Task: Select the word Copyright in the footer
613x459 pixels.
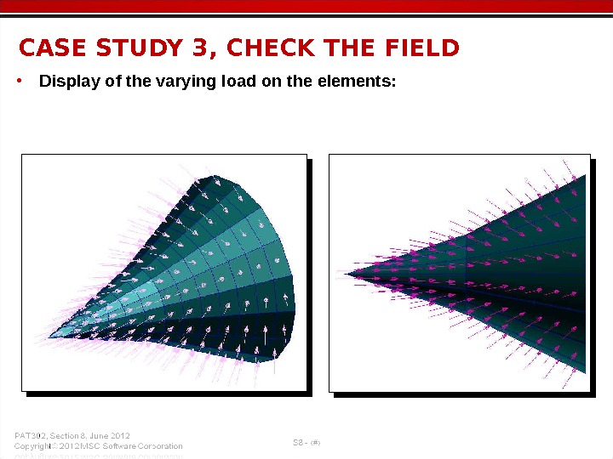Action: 33,446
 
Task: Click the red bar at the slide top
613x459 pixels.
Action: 306,7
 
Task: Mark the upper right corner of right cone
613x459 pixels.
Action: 585,175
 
